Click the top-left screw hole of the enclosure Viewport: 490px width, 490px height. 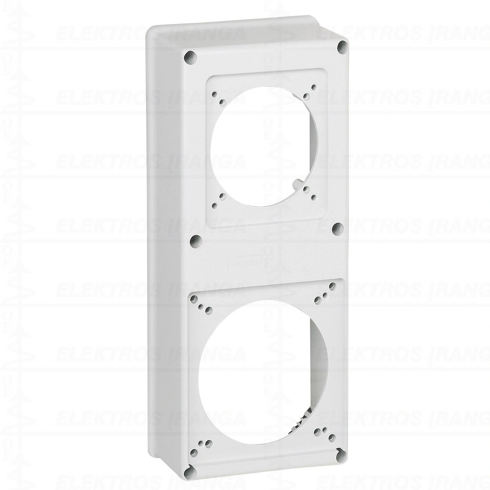point(189,57)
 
